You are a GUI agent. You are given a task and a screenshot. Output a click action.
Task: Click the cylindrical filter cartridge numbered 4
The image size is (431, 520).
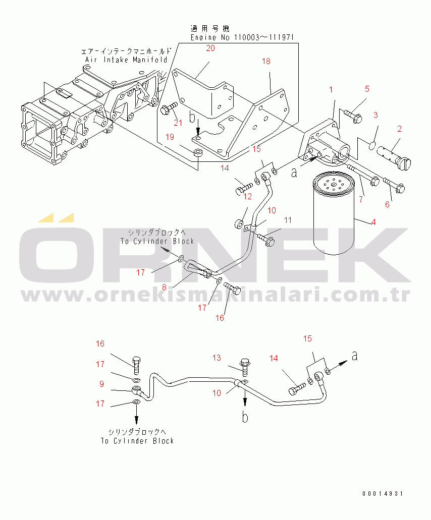point(334,213)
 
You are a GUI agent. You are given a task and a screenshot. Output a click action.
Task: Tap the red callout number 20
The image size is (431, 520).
point(210,48)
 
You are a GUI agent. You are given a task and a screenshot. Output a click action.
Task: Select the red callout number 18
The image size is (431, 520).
point(266,62)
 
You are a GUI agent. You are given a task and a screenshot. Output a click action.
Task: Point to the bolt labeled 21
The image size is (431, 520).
point(169,108)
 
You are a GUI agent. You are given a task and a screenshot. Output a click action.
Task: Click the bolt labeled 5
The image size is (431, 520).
point(353,115)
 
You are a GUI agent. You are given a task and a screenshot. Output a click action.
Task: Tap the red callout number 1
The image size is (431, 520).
point(331,90)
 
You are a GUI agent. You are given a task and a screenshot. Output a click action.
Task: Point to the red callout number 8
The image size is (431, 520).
point(164,287)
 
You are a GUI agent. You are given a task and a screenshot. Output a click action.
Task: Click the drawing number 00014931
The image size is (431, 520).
point(383,494)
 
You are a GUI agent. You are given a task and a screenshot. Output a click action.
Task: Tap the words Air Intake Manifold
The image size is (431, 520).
point(126,60)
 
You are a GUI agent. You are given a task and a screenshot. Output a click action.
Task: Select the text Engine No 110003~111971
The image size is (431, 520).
point(242,37)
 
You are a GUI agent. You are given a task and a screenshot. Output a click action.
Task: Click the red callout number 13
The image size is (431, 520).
point(217,358)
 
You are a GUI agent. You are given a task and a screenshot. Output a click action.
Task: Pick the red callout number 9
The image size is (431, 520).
point(102,384)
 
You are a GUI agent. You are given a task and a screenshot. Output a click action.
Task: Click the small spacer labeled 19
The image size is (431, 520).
point(198,154)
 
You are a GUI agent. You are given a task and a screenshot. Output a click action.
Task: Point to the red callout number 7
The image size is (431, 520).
point(361,199)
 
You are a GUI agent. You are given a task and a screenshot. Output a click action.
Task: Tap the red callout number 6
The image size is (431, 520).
point(387,204)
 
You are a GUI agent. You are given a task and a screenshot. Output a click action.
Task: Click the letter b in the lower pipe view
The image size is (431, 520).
point(245,417)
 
